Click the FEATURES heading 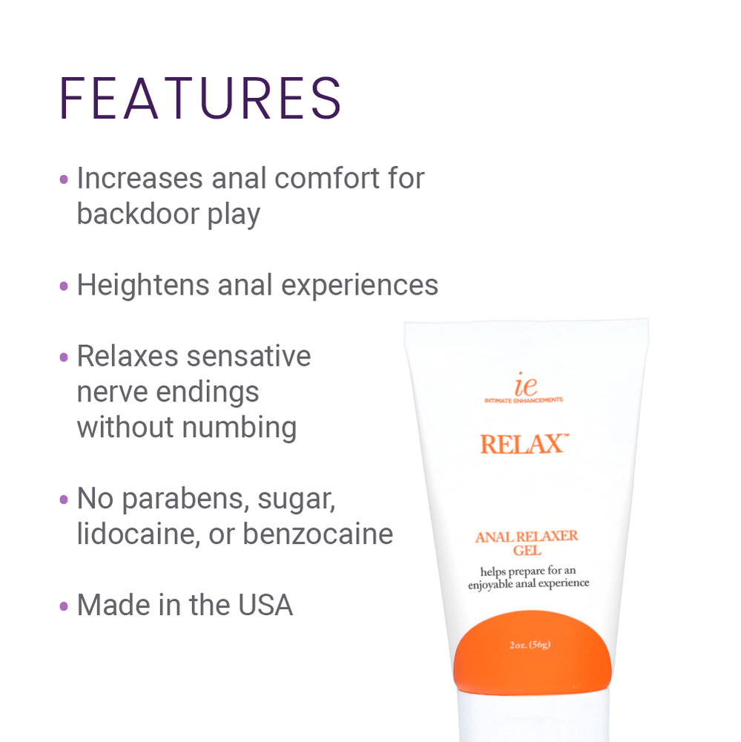pyautogui.click(x=200, y=98)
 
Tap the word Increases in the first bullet pyautogui.click(x=139, y=179)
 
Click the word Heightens pyautogui.click(x=142, y=286)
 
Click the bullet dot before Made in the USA pyautogui.click(x=64, y=606)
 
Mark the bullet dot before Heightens pyautogui.click(x=64, y=286)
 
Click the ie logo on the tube pyautogui.click(x=524, y=386)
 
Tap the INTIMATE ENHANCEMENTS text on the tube pyautogui.click(x=523, y=400)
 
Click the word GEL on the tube pyautogui.click(x=527, y=551)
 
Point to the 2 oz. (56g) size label pyautogui.click(x=530, y=645)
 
